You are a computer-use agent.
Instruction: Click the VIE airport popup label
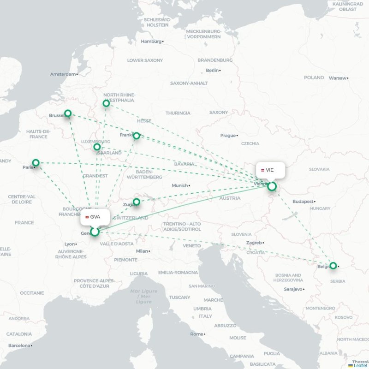pyautogui.click(x=270, y=170)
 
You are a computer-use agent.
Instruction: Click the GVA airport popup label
pyautogui.click(x=95, y=217)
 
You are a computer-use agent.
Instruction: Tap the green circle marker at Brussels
pyautogui.click(x=68, y=113)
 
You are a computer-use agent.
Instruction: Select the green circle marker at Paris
pyautogui.click(x=36, y=162)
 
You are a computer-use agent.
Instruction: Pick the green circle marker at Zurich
pyautogui.click(x=137, y=202)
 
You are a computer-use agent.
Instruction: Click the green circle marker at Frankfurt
pyautogui.click(x=137, y=136)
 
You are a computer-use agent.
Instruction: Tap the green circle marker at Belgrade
pyautogui.click(x=333, y=266)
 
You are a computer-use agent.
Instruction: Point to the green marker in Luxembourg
pyautogui.click(x=97, y=147)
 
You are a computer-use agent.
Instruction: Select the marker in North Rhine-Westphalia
pyautogui.click(x=106, y=103)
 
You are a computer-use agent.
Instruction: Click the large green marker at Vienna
pyautogui.click(x=272, y=186)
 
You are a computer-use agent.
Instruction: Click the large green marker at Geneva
pyautogui.click(x=95, y=232)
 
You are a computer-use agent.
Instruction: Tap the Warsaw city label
pyautogui.click(x=337, y=78)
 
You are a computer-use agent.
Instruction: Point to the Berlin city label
pyautogui.click(x=212, y=71)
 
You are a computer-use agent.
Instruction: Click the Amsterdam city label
pyautogui.click(x=62, y=74)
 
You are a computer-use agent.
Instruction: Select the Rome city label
pyautogui.click(x=196, y=334)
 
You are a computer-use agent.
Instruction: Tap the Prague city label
pyautogui.click(x=228, y=136)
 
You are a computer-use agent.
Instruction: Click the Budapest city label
pyautogui.click(x=303, y=202)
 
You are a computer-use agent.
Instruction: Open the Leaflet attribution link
pyautogui.click(x=360, y=365)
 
